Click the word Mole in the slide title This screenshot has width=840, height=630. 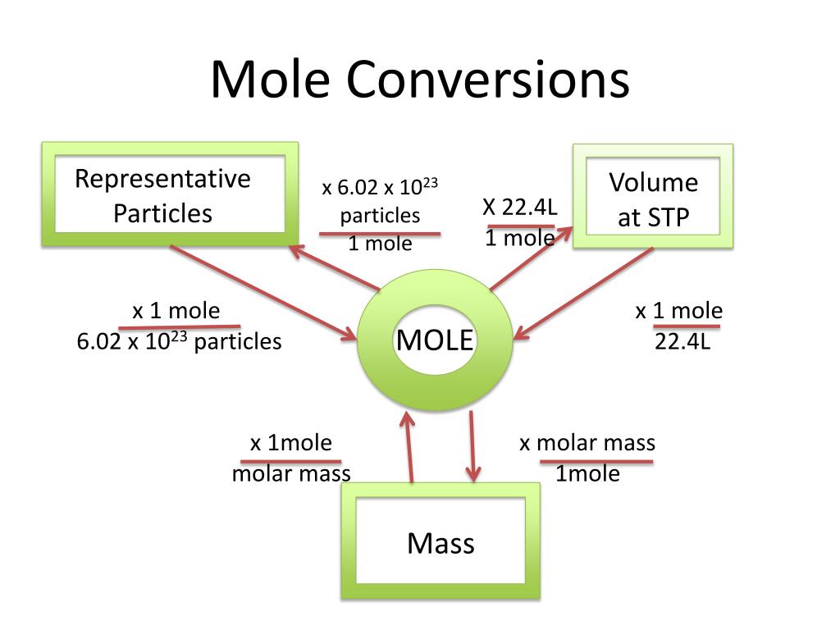(271, 80)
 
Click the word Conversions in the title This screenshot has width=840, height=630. (487, 80)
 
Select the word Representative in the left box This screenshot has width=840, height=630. (162, 179)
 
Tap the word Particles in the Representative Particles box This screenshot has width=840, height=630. (163, 213)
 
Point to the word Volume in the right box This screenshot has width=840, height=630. (654, 183)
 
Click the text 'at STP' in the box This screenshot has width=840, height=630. (654, 217)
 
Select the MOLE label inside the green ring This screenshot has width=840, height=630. (435, 340)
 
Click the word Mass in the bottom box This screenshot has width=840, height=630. (441, 543)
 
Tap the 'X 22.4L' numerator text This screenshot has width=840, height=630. (519, 207)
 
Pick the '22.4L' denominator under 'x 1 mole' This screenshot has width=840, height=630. (682, 341)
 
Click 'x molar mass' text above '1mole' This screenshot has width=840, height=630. (587, 443)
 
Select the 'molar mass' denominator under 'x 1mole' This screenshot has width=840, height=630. (291, 473)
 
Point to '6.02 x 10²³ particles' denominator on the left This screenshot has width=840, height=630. (179, 340)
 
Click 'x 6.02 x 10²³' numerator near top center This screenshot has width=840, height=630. (380, 186)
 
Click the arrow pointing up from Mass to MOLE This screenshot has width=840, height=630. (409, 447)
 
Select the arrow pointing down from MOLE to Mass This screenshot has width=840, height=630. (472, 446)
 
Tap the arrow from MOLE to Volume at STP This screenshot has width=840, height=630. (532, 258)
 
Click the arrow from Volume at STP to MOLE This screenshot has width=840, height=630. (584, 293)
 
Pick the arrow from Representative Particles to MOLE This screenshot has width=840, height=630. (263, 293)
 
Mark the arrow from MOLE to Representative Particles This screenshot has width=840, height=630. (335, 268)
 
